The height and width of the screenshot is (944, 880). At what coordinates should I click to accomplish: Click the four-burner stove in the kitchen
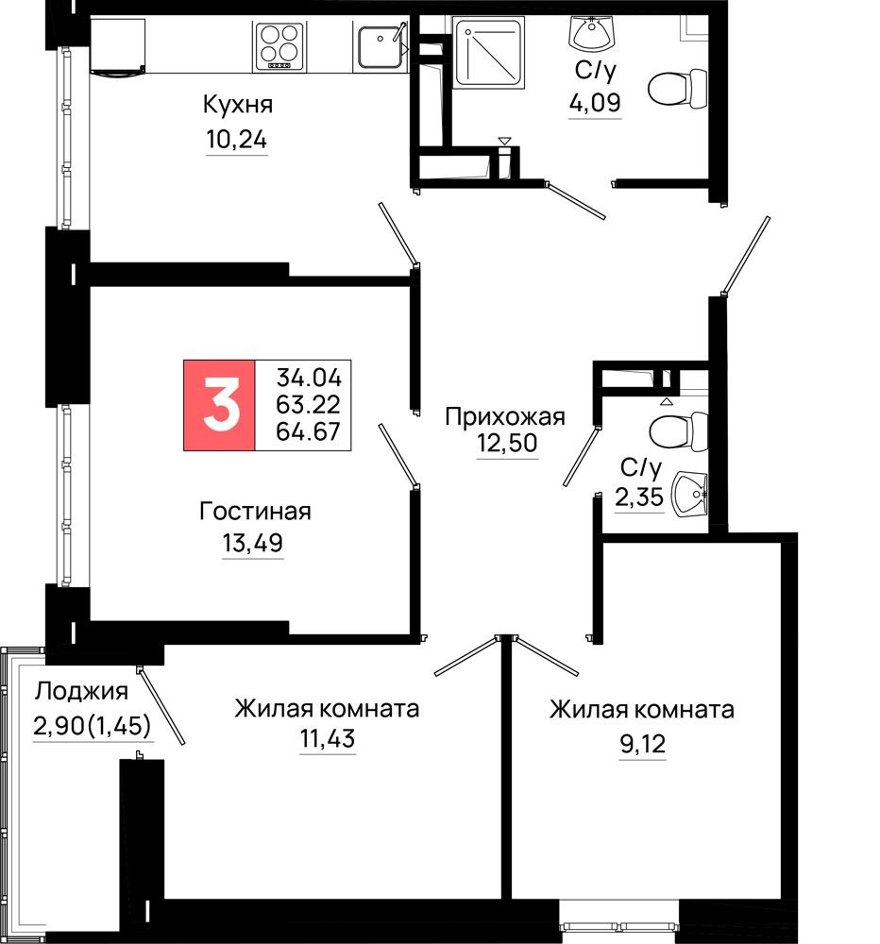279,45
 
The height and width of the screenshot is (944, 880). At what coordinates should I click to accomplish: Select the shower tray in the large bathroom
488,53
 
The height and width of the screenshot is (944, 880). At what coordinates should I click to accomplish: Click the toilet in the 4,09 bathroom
677,89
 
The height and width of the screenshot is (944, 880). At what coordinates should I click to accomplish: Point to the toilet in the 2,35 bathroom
678,431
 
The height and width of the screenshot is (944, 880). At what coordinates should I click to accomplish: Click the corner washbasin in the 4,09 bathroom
591,34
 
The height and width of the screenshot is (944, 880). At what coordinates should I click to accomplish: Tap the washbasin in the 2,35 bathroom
689,494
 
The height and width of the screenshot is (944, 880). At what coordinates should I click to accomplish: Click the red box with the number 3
219,405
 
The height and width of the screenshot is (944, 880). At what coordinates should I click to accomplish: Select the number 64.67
309,431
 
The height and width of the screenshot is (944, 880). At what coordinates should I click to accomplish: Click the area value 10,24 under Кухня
236,140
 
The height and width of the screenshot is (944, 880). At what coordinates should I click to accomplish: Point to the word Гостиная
255,512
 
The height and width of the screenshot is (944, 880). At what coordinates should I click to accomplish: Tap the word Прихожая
505,416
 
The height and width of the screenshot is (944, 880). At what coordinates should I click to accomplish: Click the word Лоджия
81,691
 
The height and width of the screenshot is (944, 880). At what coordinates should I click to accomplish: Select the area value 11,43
328,738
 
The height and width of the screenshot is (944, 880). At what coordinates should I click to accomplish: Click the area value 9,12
643,745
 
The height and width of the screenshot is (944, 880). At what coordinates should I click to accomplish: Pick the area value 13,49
252,543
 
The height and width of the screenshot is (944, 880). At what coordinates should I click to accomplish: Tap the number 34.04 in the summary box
309,378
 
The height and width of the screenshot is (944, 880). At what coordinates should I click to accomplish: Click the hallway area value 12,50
507,443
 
